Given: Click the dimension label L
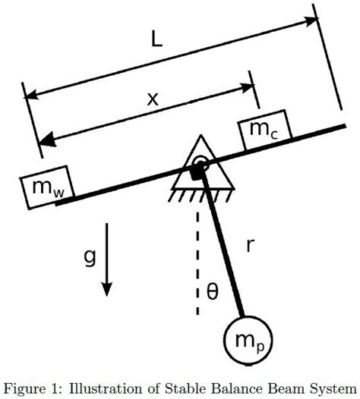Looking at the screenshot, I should click(x=156, y=42).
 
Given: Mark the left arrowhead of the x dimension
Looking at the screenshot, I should click(x=47, y=140).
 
